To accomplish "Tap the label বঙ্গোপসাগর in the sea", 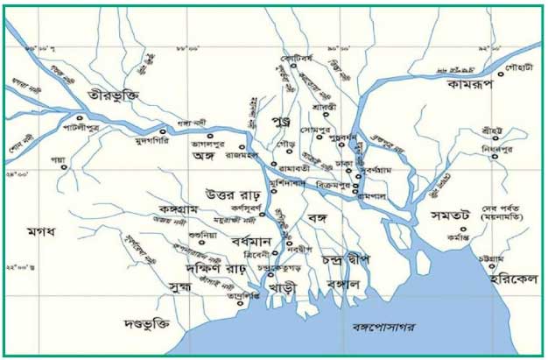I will pos(381,327).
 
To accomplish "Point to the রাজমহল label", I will pos(237,155).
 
